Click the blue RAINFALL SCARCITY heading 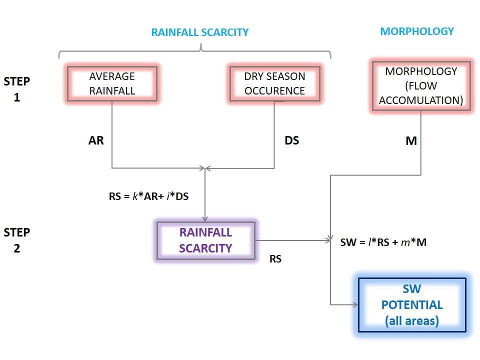pyautogui.click(x=200, y=32)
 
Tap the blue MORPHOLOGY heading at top pyautogui.click(x=417, y=31)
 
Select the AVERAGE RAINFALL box pyautogui.click(x=112, y=83)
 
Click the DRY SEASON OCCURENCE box pyautogui.click(x=274, y=83)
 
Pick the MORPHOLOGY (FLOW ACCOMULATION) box pyautogui.click(x=421, y=85)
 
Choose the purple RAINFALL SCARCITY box pyautogui.click(x=205, y=240)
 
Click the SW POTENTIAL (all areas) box pyautogui.click(x=412, y=305)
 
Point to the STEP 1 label pyautogui.click(x=16, y=89)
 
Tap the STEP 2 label pyautogui.click(x=16, y=240)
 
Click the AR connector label pyautogui.click(x=96, y=140)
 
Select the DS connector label pyautogui.click(x=291, y=140)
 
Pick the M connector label pyautogui.click(x=411, y=141)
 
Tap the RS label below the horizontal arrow pyautogui.click(x=275, y=259)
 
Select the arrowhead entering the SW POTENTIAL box pyautogui.click(x=355, y=304)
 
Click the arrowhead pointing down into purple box pyautogui.click(x=205, y=218)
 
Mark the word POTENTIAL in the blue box pyautogui.click(x=412, y=305)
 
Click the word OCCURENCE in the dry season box pyautogui.click(x=274, y=90)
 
